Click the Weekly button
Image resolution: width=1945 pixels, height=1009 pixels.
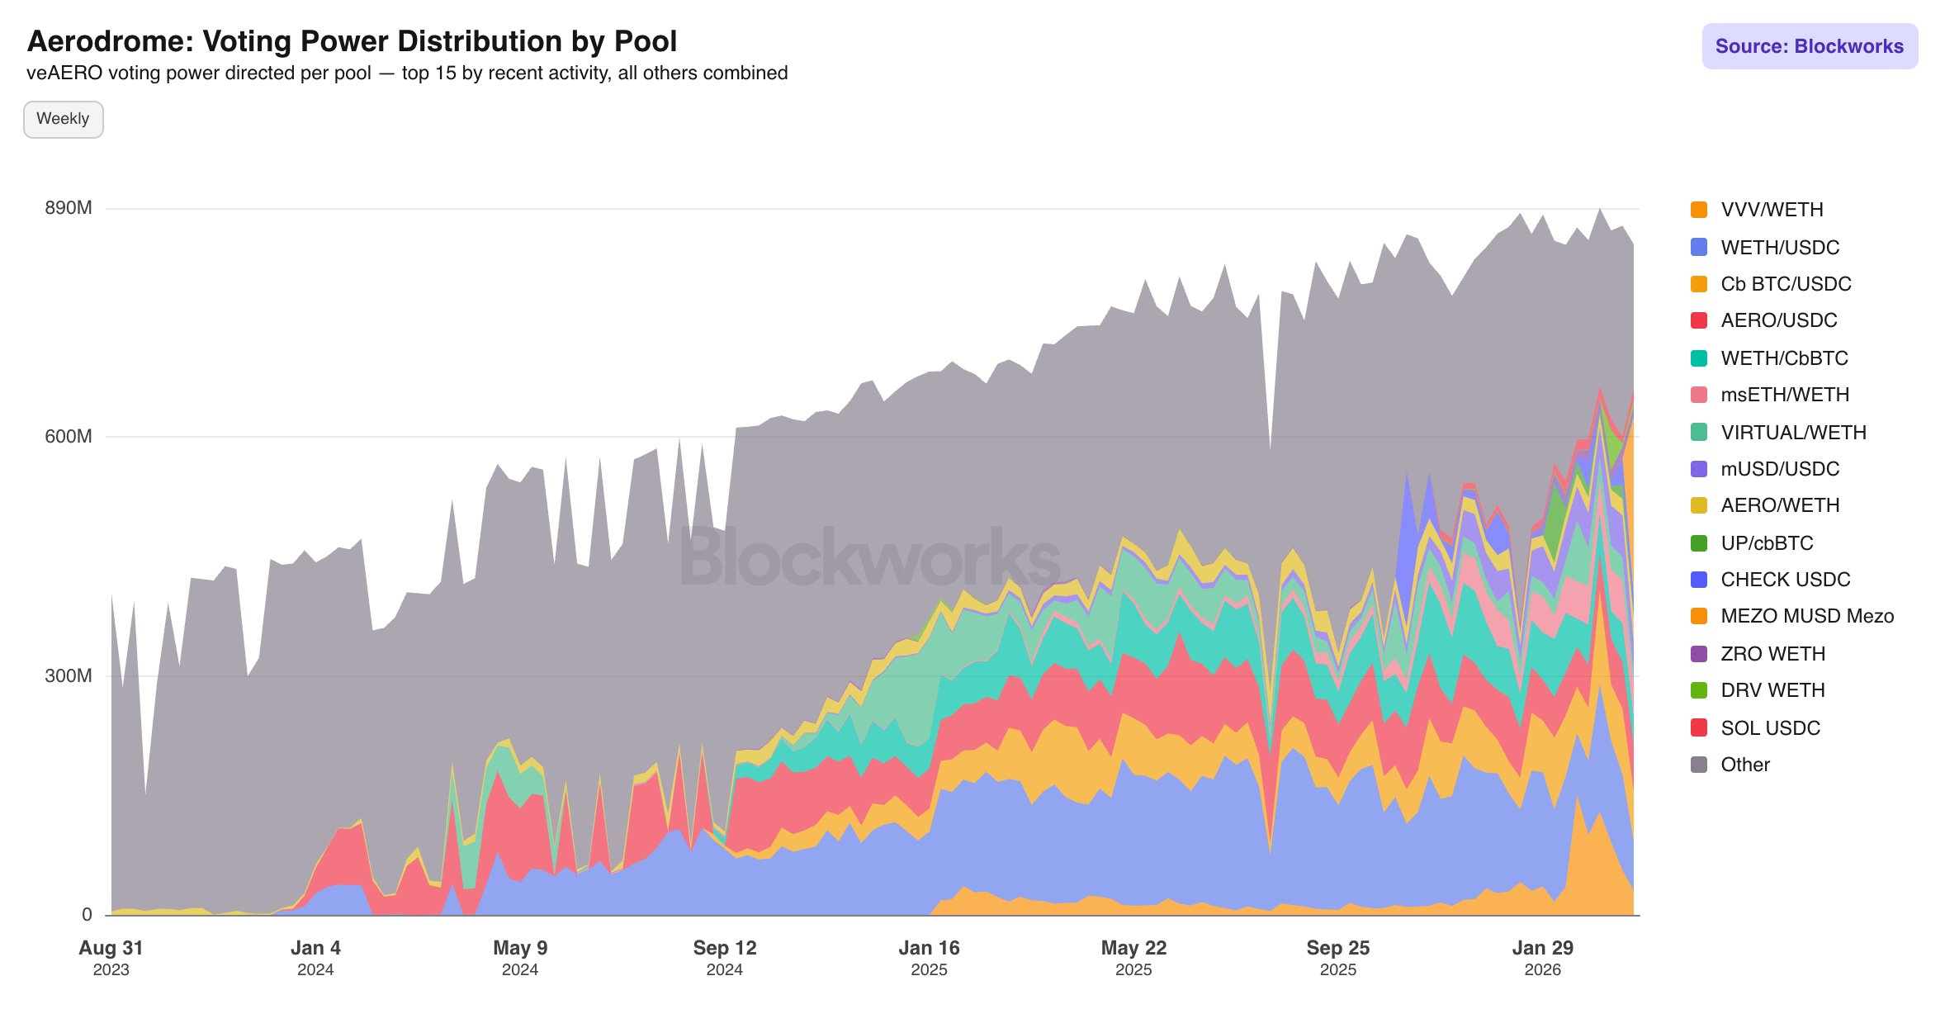point(63,119)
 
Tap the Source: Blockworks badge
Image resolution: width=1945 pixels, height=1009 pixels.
point(1809,46)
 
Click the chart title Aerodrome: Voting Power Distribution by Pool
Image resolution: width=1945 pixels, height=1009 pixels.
point(352,41)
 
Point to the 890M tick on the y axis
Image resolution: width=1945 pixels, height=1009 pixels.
point(69,208)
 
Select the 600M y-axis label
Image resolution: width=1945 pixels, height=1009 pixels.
point(69,437)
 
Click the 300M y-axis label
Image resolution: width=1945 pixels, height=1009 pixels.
point(69,676)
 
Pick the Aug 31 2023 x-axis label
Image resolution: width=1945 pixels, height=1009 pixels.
point(111,957)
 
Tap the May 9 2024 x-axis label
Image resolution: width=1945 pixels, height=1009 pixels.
point(520,957)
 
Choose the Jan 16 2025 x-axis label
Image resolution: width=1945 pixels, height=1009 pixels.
point(929,957)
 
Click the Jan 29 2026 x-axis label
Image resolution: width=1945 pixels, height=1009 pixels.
point(1542,957)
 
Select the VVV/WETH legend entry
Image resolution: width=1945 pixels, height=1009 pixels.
point(1771,210)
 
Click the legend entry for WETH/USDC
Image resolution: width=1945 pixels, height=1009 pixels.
point(1779,248)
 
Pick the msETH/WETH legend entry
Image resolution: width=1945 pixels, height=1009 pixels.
point(1784,395)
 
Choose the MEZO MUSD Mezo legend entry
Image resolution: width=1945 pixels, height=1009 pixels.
point(1806,616)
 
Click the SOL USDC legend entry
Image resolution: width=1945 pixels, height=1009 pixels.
point(1769,728)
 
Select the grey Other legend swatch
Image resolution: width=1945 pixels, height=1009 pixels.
point(1699,765)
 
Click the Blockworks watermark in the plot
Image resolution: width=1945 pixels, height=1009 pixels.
point(870,558)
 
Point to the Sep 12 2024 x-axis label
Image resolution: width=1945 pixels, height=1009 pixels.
point(725,957)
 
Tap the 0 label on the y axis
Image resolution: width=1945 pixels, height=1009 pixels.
point(87,915)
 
